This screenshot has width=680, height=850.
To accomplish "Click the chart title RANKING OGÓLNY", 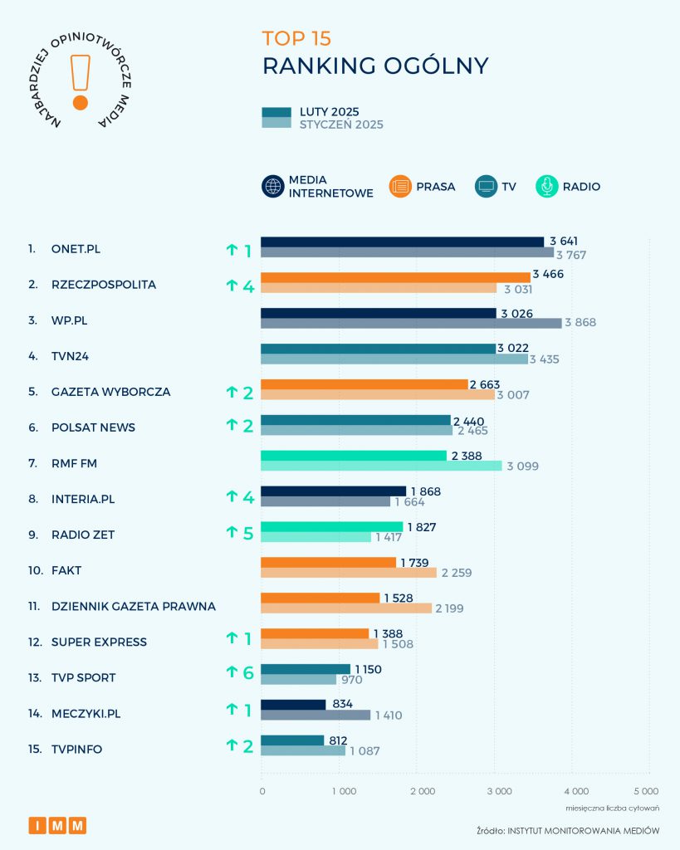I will click(375, 66).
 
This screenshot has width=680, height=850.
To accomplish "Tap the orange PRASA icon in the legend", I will click(400, 187).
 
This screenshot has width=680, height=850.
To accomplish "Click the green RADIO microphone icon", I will click(547, 187).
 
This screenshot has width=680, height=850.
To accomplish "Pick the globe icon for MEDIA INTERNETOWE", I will click(273, 187).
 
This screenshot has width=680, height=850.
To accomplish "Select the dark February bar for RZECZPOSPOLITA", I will click(395, 277).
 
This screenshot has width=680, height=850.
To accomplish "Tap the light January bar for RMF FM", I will click(381, 466).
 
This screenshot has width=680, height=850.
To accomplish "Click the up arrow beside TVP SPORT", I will click(232, 673).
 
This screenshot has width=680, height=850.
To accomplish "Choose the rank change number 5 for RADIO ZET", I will click(247, 533).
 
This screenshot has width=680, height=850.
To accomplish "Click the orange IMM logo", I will click(57, 825).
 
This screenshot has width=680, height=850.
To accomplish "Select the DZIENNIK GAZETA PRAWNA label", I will click(133, 606).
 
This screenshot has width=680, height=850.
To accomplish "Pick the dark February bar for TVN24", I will click(378, 349).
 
